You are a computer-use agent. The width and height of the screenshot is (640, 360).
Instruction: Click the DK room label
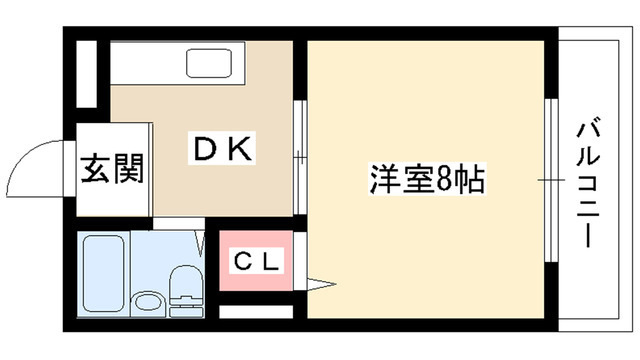225,150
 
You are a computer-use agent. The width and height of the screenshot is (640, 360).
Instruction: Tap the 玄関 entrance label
112,168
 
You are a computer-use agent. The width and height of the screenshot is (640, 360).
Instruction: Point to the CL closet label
257,263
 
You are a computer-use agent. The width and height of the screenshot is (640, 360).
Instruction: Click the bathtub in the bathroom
102,273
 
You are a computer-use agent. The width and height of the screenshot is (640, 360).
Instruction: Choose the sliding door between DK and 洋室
301,155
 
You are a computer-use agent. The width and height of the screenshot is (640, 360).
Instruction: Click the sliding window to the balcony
548,180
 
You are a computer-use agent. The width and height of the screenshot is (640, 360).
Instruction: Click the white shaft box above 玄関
86,73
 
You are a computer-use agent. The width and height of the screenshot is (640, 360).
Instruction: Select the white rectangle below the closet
257,311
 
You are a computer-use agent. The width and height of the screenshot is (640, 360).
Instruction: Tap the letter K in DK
243,150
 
